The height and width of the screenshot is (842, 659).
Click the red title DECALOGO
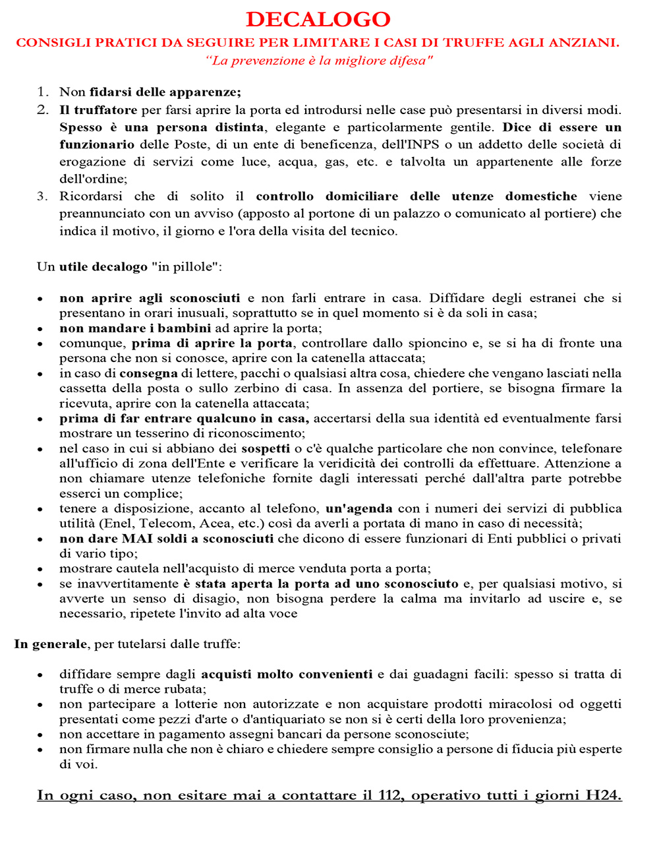pyautogui.click(x=318, y=19)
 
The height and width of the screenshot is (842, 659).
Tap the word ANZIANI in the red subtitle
pyautogui.click(x=586, y=43)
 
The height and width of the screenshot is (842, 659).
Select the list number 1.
pyautogui.click(x=42, y=92)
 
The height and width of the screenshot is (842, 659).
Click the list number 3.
pyautogui.click(x=42, y=196)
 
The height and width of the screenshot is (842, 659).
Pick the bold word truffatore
pyautogui.click(x=105, y=109)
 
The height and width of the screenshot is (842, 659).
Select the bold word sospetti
pyautogui.click(x=266, y=448)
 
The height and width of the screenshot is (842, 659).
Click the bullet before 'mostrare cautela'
pyautogui.click(x=41, y=569)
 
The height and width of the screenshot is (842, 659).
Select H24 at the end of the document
pyautogui.click(x=602, y=795)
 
